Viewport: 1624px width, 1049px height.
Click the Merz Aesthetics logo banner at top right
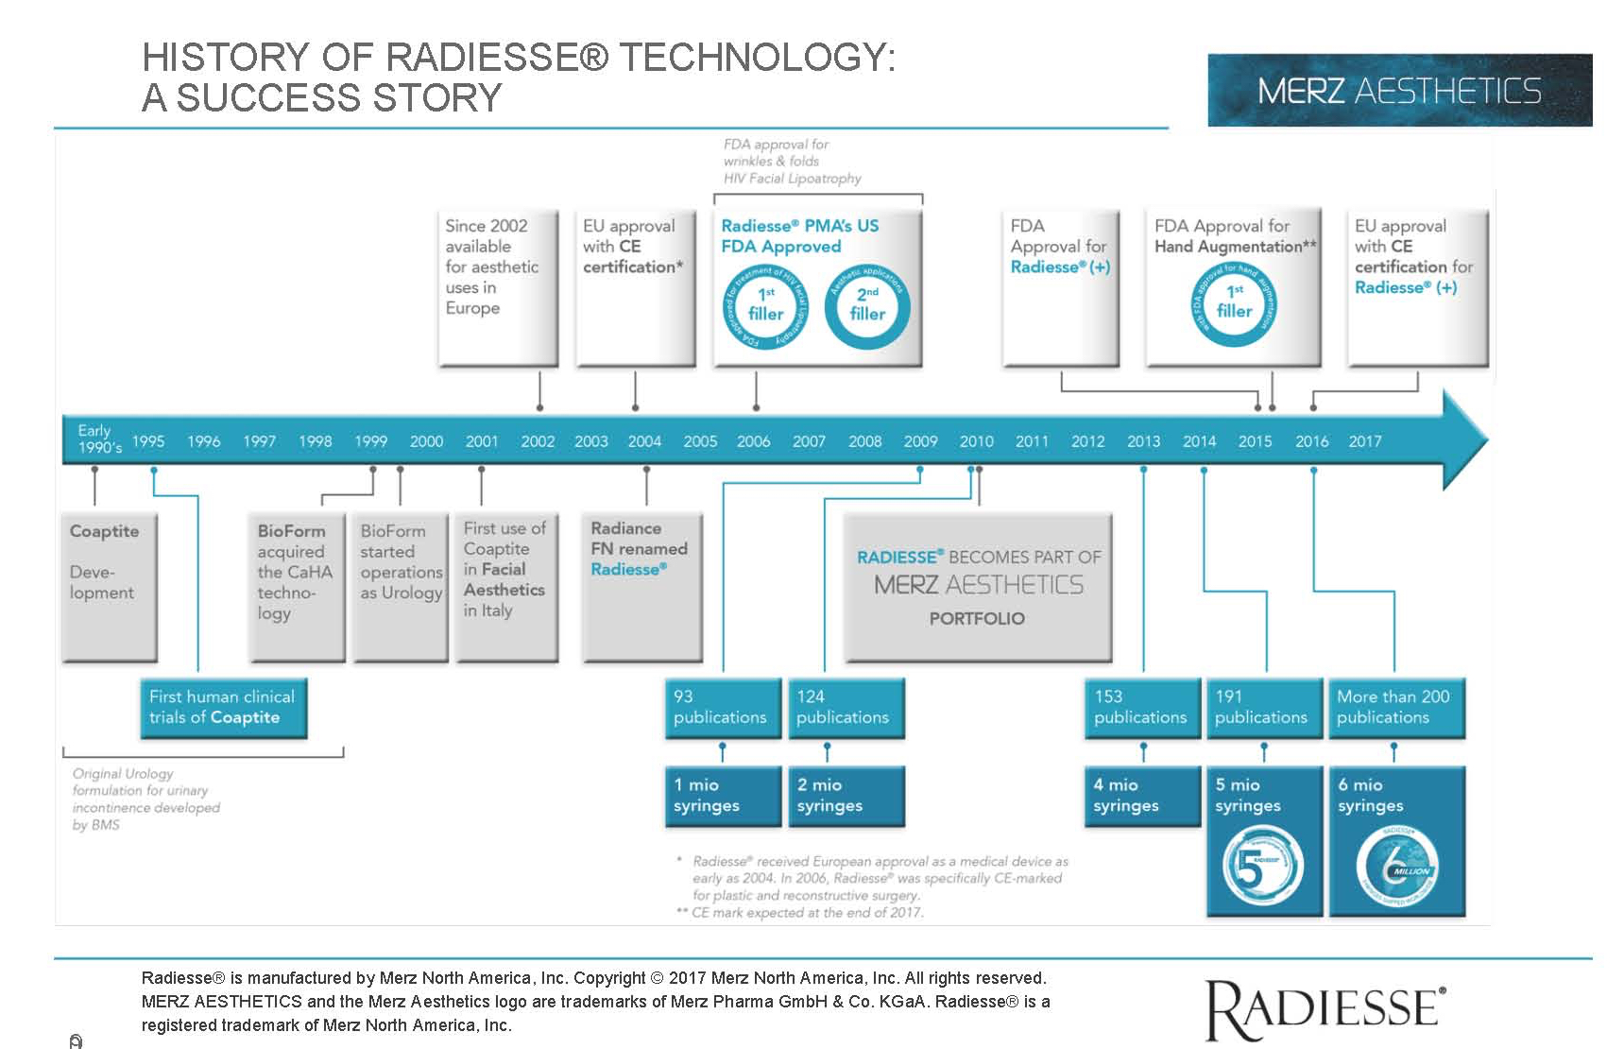click(1399, 91)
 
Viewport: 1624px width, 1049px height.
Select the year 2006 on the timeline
click(753, 441)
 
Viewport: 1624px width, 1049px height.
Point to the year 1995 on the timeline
click(148, 441)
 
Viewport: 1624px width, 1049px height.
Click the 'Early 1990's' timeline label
click(98, 439)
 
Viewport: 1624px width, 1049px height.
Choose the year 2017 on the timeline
click(1364, 441)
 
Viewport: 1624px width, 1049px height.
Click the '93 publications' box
click(723, 708)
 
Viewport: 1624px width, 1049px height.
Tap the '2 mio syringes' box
click(846, 796)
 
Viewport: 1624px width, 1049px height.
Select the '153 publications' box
click(1142, 708)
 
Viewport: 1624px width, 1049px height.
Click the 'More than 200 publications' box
click(1396, 708)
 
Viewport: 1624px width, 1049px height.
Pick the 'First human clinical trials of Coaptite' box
click(223, 708)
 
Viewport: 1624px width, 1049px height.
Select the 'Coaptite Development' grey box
click(109, 587)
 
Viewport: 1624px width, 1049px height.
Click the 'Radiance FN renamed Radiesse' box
click(646, 587)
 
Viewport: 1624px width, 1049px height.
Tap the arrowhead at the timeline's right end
click(1464, 440)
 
